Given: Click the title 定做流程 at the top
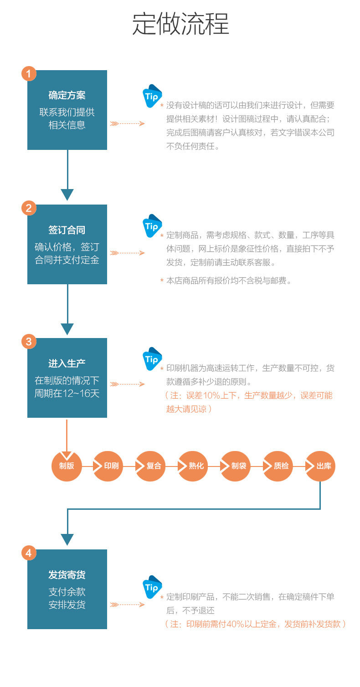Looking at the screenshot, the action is click(180, 24).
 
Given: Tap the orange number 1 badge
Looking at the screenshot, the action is click(29, 74).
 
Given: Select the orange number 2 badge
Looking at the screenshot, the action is click(29, 208).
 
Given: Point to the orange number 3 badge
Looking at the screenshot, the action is click(29, 342).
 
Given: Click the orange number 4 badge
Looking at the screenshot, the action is click(29, 553).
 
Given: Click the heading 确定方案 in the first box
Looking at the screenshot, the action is click(67, 95).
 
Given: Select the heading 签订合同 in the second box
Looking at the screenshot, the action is click(67, 230).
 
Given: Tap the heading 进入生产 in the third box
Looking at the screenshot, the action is click(67, 364).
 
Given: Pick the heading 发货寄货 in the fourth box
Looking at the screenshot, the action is click(67, 575).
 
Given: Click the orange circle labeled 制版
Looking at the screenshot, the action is click(67, 466).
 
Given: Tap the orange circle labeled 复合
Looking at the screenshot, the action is click(150, 466).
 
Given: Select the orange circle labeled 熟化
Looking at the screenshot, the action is click(193, 466).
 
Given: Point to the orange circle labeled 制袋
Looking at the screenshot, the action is click(236, 466).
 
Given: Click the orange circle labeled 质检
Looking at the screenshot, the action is click(278, 466).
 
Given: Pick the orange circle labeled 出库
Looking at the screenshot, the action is click(320, 466).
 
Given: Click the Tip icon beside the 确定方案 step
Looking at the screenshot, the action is click(152, 96).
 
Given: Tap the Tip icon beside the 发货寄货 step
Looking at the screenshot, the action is click(152, 587).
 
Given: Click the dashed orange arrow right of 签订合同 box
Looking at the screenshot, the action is click(127, 253).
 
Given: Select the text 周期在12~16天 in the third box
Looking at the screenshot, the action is click(67, 394).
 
